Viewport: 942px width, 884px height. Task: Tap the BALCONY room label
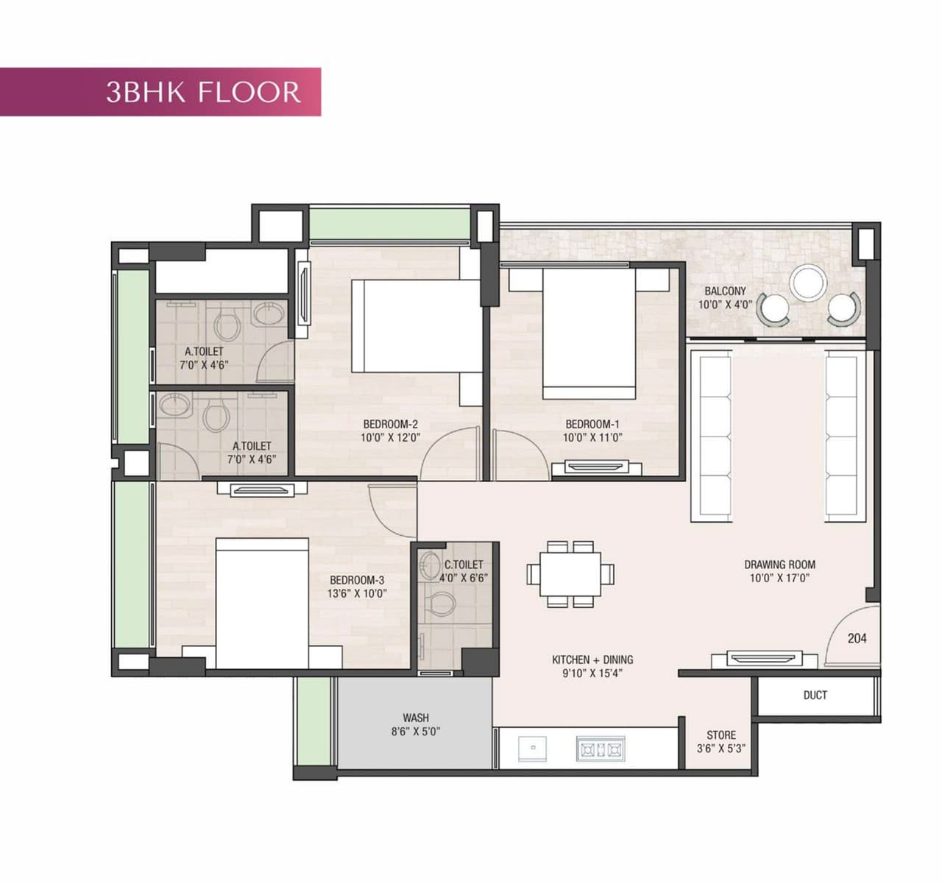(725, 291)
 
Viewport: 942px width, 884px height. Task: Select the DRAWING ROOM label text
(779, 565)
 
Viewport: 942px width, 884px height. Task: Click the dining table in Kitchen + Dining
(570, 574)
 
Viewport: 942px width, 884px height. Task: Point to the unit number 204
(857, 638)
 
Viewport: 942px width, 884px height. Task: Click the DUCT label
(815, 695)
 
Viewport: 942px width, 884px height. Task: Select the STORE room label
(720, 735)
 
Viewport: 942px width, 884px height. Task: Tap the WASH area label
(415, 718)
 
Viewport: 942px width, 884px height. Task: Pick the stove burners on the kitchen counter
(600, 749)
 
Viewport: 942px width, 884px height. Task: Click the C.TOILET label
(464, 565)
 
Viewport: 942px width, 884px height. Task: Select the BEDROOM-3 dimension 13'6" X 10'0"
(357, 593)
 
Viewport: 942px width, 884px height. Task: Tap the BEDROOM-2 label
(390, 424)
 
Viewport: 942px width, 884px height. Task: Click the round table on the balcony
(807, 283)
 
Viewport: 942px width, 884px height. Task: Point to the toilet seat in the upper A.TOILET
(227, 326)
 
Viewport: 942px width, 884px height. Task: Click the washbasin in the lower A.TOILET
(174, 405)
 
